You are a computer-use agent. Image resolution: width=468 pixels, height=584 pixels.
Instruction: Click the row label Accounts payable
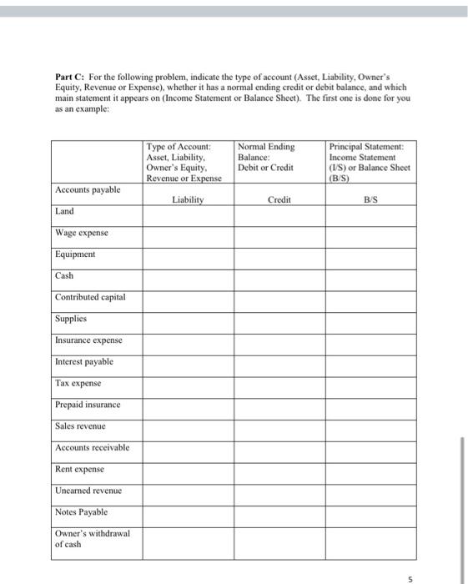[x=88, y=190]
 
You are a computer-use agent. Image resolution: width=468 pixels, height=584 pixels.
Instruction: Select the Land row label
[x=64, y=211]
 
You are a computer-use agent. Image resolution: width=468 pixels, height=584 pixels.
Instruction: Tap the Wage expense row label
[x=82, y=233]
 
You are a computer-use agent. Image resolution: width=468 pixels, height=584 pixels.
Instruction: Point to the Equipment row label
[x=75, y=254]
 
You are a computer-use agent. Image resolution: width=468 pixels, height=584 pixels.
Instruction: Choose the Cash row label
[x=64, y=275]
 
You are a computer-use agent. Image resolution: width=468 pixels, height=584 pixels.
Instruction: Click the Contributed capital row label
[x=90, y=297]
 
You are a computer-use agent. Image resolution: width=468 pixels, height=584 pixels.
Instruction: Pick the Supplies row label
[x=70, y=319]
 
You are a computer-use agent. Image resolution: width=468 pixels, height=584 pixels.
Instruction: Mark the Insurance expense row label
[x=88, y=340]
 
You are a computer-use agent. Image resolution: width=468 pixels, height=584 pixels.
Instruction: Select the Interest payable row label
[x=84, y=361]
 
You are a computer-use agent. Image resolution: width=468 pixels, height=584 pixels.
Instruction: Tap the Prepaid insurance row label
[x=88, y=405]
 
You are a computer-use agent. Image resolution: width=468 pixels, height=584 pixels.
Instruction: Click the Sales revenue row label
[x=80, y=425]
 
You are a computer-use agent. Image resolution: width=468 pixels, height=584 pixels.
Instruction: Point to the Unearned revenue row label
[x=88, y=490]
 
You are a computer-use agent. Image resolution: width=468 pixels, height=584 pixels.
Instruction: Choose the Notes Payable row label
[x=81, y=511]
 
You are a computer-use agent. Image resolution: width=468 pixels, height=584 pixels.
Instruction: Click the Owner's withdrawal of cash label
[x=92, y=539]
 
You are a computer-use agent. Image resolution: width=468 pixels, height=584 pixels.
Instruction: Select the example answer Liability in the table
[x=188, y=200]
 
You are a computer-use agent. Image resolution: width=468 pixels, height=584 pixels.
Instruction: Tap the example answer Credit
[x=280, y=200]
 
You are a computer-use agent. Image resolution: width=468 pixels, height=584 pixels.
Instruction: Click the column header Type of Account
[x=179, y=147]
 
